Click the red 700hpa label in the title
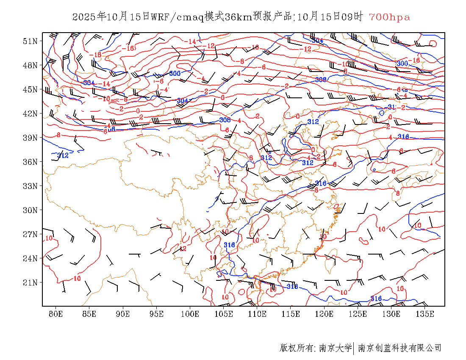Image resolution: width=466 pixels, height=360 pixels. (x=389, y=17)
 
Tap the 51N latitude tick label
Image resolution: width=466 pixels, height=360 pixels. (x=31, y=41)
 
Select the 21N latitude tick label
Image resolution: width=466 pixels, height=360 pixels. (x=31, y=282)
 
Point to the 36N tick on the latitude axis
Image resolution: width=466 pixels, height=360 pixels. (x=31, y=162)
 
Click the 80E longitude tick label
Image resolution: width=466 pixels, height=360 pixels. (x=55, y=314)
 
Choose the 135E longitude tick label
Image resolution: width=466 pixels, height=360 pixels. (x=425, y=314)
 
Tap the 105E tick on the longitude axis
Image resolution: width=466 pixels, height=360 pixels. (x=223, y=314)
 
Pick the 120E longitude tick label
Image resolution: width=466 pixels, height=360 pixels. (x=324, y=314)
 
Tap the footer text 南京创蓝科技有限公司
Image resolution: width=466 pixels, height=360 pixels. (x=400, y=348)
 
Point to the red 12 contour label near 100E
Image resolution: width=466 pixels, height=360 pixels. (x=183, y=249)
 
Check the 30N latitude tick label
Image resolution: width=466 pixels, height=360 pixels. (x=31, y=210)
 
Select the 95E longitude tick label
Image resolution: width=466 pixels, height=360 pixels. (x=156, y=314)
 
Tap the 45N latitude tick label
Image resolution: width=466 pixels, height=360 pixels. (x=31, y=89)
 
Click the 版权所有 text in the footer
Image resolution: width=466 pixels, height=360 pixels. (x=297, y=348)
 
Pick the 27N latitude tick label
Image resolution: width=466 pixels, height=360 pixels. (x=31, y=234)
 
